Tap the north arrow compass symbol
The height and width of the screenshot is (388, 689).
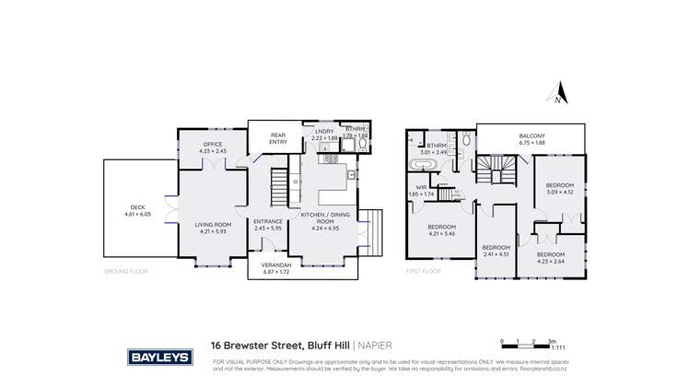pyautogui.click(x=556, y=93)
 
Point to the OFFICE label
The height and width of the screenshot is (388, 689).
pyautogui.click(x=215, y=146)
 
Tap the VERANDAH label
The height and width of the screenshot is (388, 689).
pyautogui.click(x=275, y=267)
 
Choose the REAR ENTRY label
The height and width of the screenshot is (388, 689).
pyautogui.click(x=277, y=137)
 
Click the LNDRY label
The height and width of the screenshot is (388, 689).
pyautogui.click(x=324, y=132)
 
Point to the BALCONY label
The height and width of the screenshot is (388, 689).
pyautogui.click(x=532, y=136)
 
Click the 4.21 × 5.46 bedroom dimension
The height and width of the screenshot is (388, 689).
pyautogui.click(x=441, y=234)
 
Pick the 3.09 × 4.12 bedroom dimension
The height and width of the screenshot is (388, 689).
pyautogui.click(x=559, y=192)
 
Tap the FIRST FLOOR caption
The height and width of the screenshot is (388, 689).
pyautogui.click(x=423, y=272)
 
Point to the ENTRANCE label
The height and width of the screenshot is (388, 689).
pyautogui.click(x=268, y=221)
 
